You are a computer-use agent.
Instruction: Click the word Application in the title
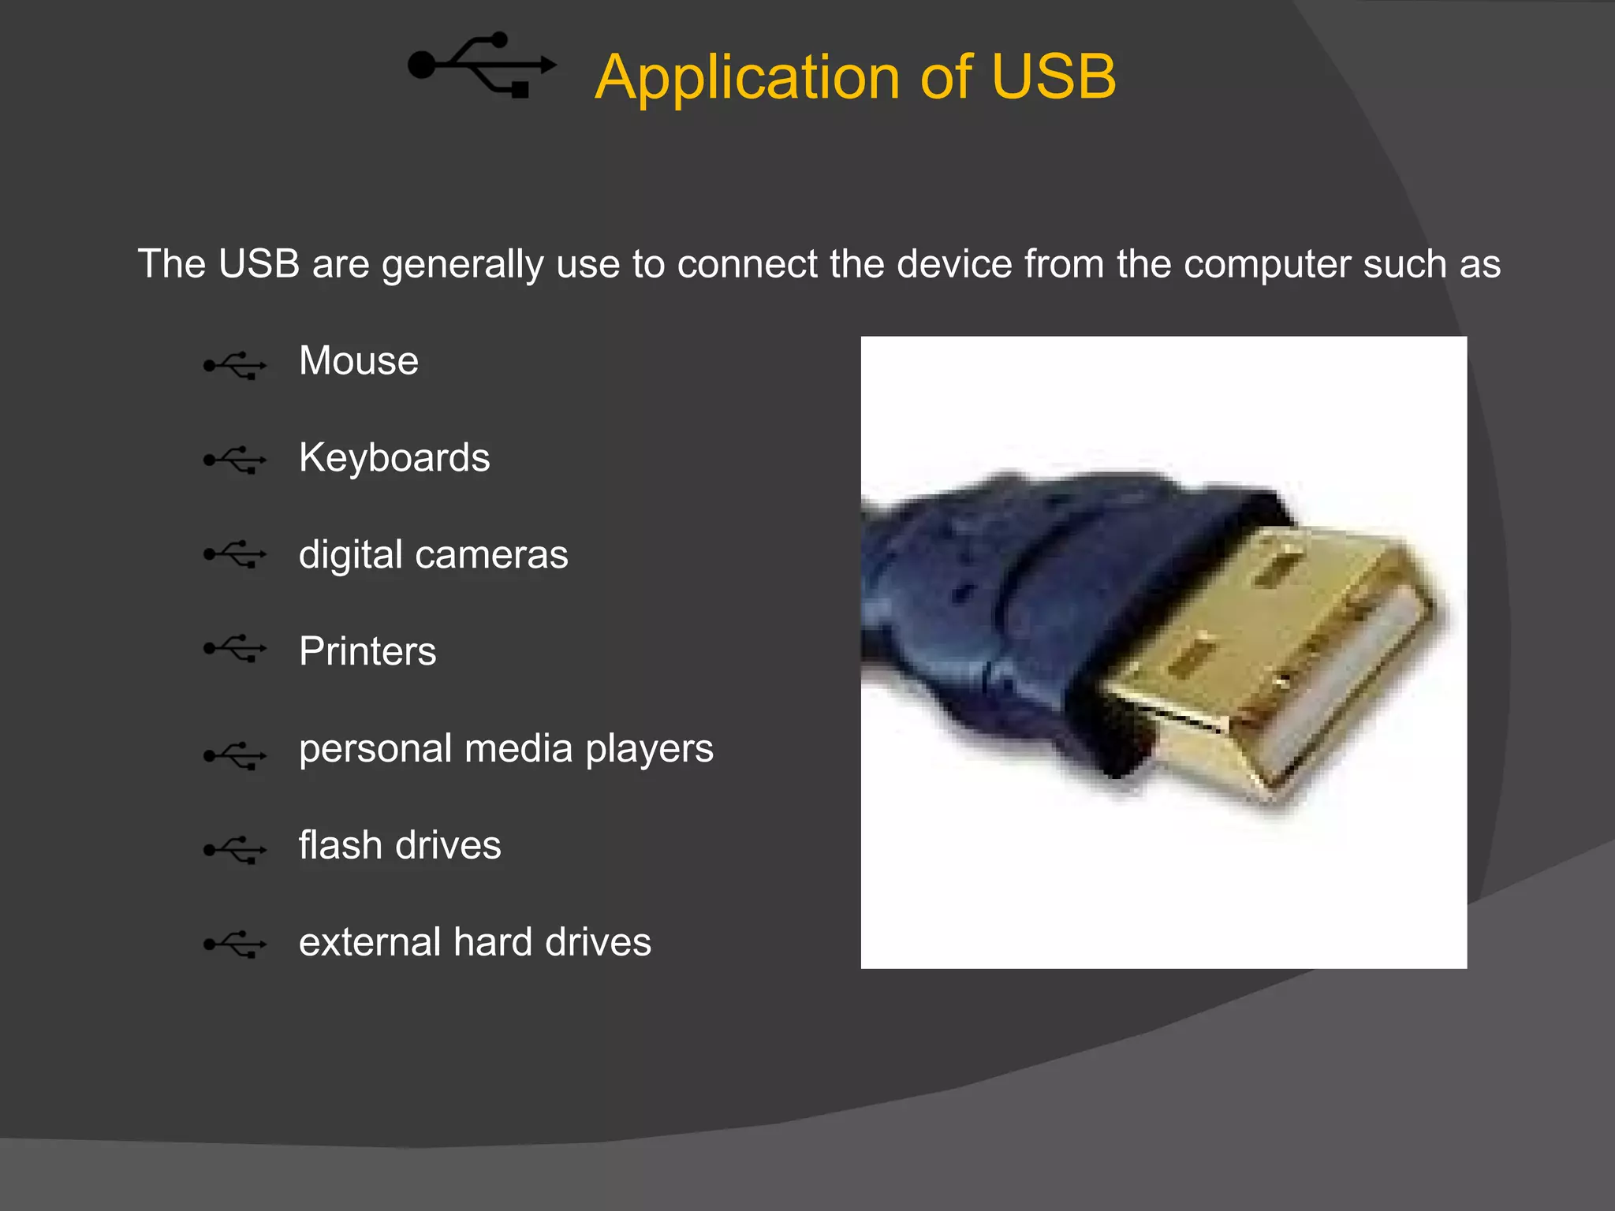pyautogui.click(x=747, y=78)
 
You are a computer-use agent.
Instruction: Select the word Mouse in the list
pyautogui.click(x=359, y=361)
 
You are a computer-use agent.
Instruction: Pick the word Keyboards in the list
pyautogui.click(x=394, y=458)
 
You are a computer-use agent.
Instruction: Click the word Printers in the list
pyautogui.click(x=367, y=651)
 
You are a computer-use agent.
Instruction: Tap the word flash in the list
pyautogui.click(x=341, y=845)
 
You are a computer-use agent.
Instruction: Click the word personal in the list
pyautogui.click(x=376, y=749)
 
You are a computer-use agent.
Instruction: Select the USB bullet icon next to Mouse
pyautogui.click(x=235, y=366)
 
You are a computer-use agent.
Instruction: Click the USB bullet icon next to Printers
pyautogui.click(x=235, y=649)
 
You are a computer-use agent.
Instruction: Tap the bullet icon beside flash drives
pyautogui.click(x=235, y=850)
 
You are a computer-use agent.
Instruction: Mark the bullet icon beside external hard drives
pyautogui.click(x=235, y=944)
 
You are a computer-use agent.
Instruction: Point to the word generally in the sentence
pyautogui.click(x=463, y=265)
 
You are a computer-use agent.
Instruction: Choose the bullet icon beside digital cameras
pyautogui.click(x=235, y=555)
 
